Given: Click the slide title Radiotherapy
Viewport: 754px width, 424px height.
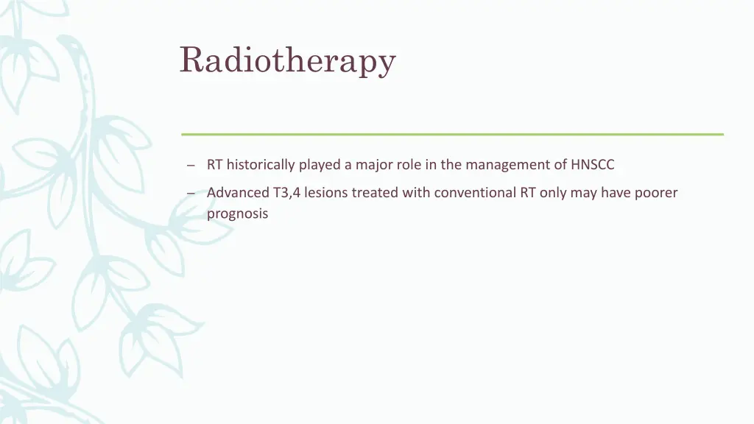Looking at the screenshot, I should point(287,60).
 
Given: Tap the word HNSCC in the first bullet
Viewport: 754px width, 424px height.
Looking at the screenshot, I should point(592,165).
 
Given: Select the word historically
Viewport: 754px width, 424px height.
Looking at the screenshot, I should point(261,165).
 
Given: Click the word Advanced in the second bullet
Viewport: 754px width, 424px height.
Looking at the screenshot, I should point(237,193).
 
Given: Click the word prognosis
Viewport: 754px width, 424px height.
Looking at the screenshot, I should point(237,214).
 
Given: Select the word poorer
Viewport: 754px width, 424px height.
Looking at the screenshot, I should point(657,193).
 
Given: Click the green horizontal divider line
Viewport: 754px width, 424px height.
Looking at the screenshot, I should point(452,134).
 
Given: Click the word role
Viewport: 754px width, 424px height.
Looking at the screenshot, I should point(409,165).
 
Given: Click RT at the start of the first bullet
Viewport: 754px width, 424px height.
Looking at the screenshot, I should point(214,165).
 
